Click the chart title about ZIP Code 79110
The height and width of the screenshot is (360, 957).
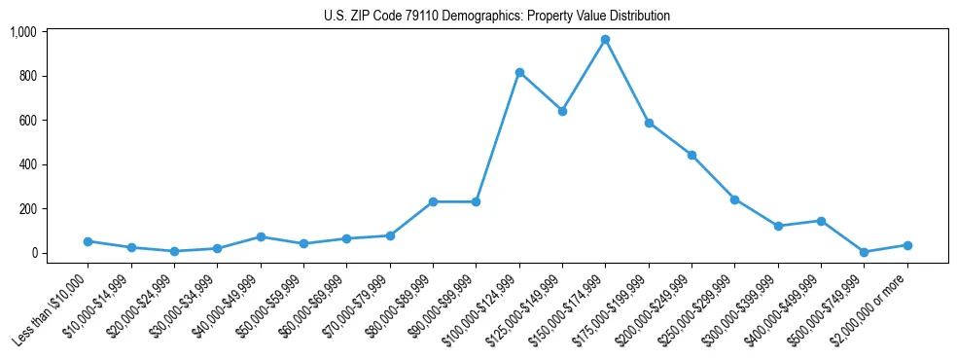click(496, 17)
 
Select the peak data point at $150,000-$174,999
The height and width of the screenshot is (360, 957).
click(605, 39)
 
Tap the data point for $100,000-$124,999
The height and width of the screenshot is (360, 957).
click(519, 72)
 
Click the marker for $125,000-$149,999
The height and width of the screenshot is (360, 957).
click(562, 111)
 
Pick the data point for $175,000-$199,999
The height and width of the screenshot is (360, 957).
click(649, 123)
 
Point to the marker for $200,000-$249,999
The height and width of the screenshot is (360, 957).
click(691, 155)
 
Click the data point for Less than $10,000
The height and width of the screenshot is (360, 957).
click(88, 241)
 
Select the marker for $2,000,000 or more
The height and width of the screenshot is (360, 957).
click(907, 245)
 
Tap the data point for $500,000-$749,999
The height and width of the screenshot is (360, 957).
click(864, 252)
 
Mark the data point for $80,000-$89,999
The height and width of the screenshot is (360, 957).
click(433, 201)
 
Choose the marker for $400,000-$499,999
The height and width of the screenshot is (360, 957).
click(821, 221)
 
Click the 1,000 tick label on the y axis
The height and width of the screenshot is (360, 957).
click(22, 32)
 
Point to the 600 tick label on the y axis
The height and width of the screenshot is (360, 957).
click(27, 121)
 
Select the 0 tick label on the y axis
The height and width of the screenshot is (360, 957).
click(34, 253)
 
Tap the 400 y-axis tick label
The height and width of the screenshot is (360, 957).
click(27, 164)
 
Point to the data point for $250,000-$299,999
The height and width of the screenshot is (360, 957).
click(734, 199)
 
